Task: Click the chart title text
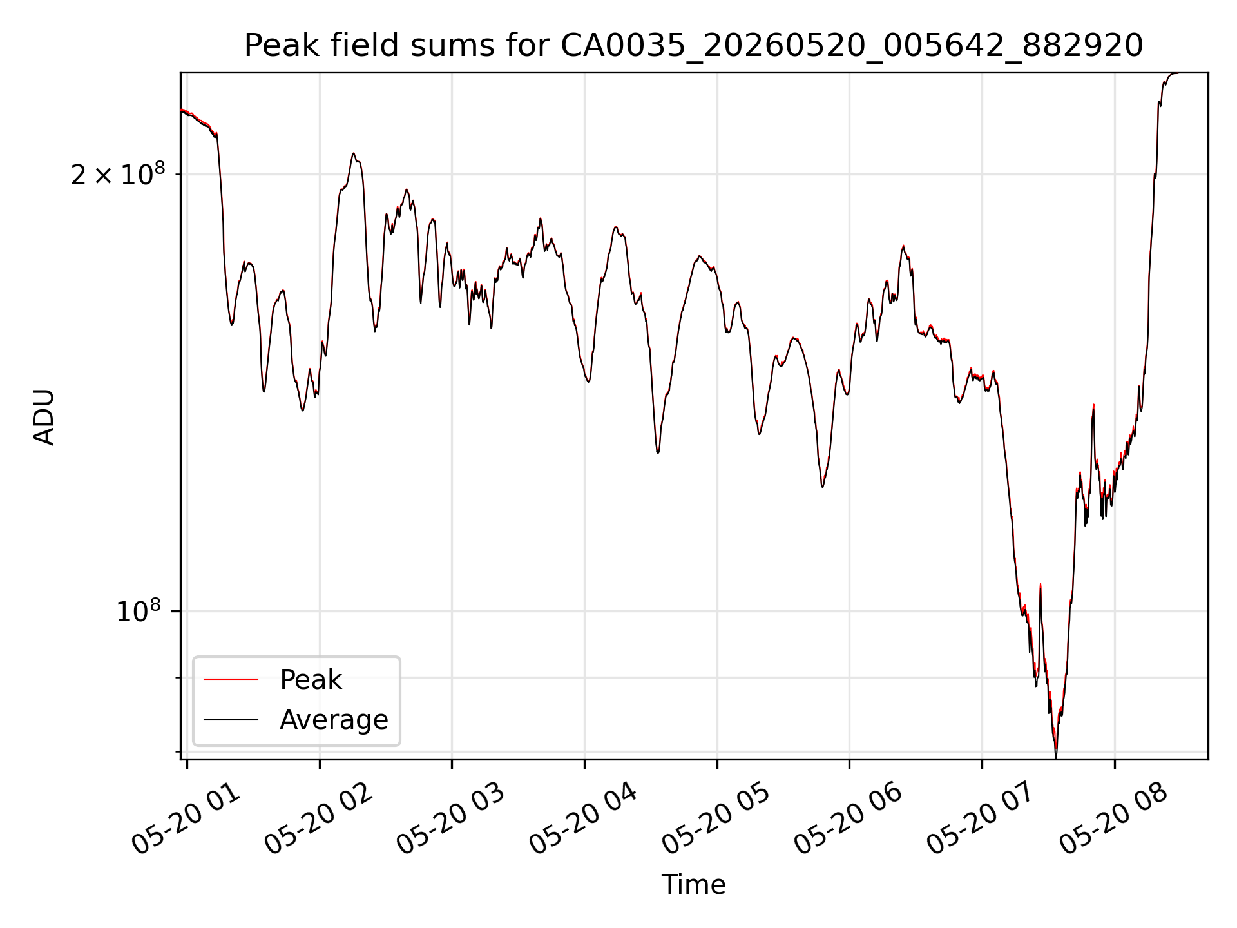693,46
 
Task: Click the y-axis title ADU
44,416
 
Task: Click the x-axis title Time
693,885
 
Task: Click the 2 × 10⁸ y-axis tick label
118,174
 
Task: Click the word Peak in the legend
311,680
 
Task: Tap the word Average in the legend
334,720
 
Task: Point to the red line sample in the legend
231,679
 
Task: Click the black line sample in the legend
231,719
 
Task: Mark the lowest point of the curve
1056,757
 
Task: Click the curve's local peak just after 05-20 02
353,153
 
